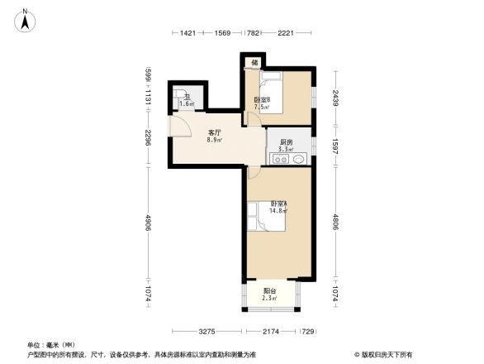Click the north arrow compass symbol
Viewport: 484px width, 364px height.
click(26, 18)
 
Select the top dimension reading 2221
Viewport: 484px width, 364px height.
click(287, 33)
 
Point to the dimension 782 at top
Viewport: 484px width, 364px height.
click(254, 33)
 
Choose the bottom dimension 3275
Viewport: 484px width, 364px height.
click(206, 331)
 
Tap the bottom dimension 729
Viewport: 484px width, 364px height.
click(307, 331)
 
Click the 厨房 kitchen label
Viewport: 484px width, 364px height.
click(286, 141)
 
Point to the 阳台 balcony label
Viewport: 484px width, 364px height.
click(270, 290)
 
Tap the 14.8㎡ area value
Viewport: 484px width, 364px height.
click(278, 211)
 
